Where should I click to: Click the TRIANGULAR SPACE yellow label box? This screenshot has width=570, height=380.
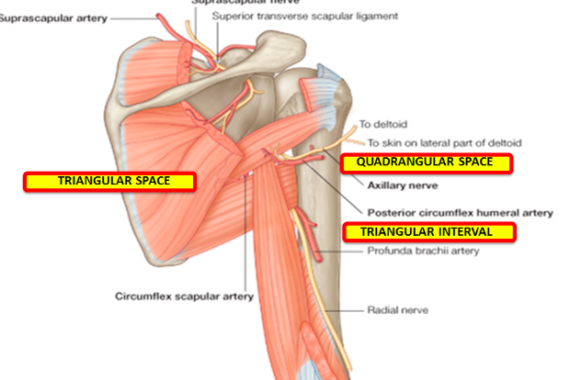[109, 181]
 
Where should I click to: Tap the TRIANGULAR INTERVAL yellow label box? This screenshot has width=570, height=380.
[428, 231]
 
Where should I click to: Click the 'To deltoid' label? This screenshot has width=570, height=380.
[382, 124]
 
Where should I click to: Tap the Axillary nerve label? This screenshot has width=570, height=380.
[395, 185]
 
